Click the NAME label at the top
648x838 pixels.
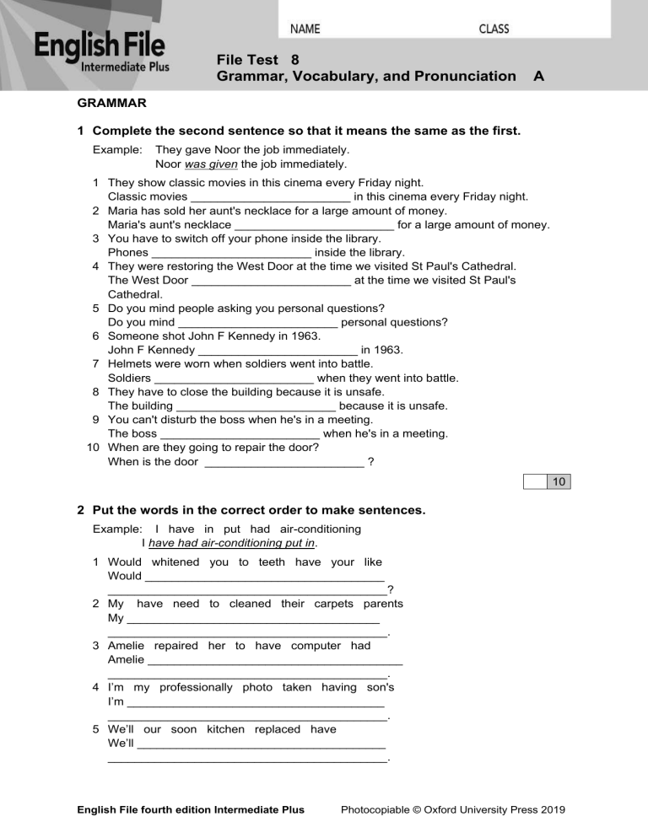pyautogui.click(x=305, y=29)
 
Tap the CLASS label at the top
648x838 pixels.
pyautogui.click(x=494, y=29)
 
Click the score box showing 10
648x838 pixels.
pyautogui.click(x=559, y=482)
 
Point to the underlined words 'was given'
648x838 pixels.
pyautogui.click(x=197, y=164)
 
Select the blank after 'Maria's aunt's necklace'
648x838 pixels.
pyautogui.click(x=313, y=225)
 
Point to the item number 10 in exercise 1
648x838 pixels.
pyautogui.click(x=94, y=448)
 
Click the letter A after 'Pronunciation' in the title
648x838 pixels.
pyautogui.click(x=538, y=77)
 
